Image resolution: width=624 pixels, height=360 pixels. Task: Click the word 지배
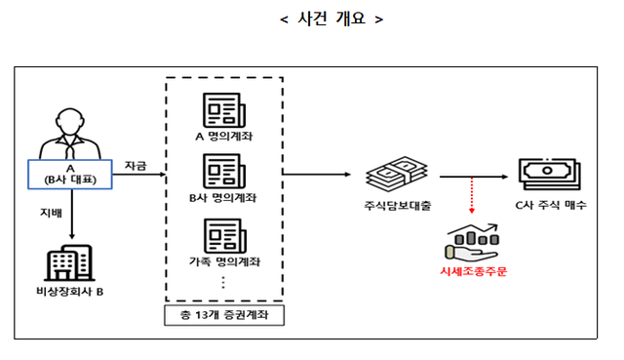point(49,212)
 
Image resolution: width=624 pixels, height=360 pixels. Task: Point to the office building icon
point(69,261)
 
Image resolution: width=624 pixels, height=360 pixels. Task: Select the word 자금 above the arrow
point(136,167)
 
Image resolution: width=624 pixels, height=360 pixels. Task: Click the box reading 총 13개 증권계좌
point(224,316)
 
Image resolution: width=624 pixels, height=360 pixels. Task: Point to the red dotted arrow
point(471,194)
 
